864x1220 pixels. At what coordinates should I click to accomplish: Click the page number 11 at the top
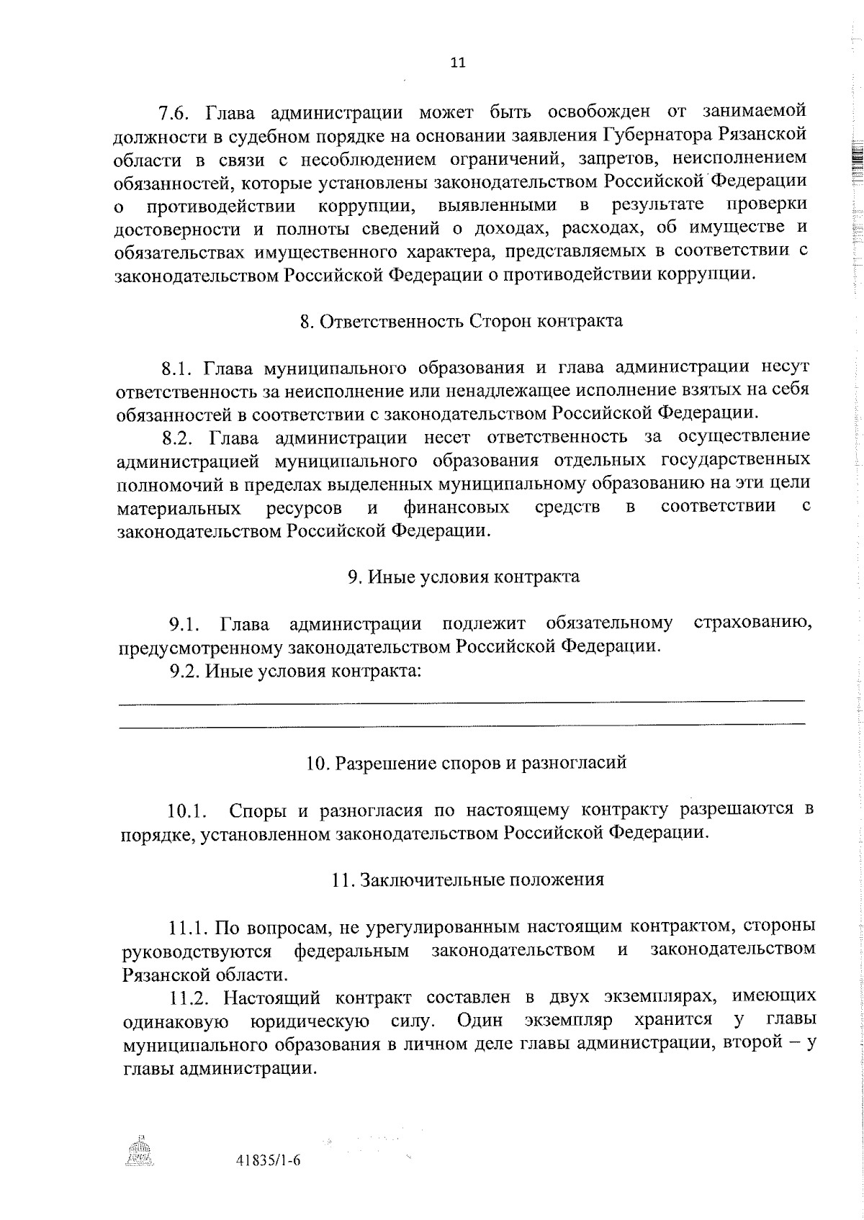[x=458, y=63]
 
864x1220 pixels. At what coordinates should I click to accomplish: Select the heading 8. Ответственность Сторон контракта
[x=461, y=321]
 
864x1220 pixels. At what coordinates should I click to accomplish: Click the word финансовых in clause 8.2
[x=456, y=507]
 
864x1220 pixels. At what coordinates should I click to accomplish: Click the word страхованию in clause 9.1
[x=752, y=623]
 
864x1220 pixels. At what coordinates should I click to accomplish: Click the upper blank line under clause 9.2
[x=461, y=700]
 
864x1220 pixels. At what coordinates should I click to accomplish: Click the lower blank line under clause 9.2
[x=461, y=724]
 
